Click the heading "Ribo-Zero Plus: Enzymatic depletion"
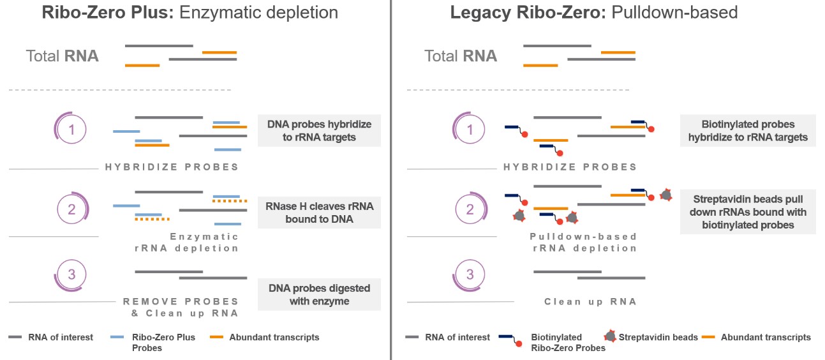click(190, 13)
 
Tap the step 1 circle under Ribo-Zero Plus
click(71, 130)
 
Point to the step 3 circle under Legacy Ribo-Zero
click(470, 275)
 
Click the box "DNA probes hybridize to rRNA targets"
click(319, 130)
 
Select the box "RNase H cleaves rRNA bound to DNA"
click(319, 213)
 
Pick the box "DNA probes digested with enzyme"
click(319, 294)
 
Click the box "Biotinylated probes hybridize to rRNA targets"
click(748, 130)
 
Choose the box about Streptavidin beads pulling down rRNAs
click(748, 212)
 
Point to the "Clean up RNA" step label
click(590, 302)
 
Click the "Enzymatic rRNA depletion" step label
click(204, 242)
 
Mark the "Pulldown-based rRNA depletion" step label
click(583, 242)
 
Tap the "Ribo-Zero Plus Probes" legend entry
click(163, 342)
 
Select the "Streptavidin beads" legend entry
click(658, 337)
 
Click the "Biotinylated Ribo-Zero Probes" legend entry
click(556, 342)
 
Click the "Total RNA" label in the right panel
click(461, 56)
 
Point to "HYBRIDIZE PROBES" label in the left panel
click(172, 167)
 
